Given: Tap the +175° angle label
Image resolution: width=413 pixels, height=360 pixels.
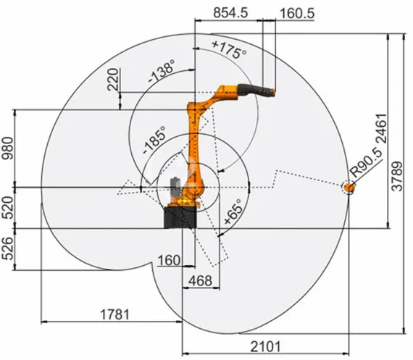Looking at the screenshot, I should [x=228, y=50].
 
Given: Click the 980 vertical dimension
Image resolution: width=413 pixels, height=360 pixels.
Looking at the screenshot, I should [x=8, y=148].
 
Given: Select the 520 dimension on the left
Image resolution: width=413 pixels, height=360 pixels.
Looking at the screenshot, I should [x=8, y=209].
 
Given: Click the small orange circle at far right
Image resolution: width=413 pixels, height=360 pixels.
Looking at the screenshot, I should [x=349, y=188].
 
